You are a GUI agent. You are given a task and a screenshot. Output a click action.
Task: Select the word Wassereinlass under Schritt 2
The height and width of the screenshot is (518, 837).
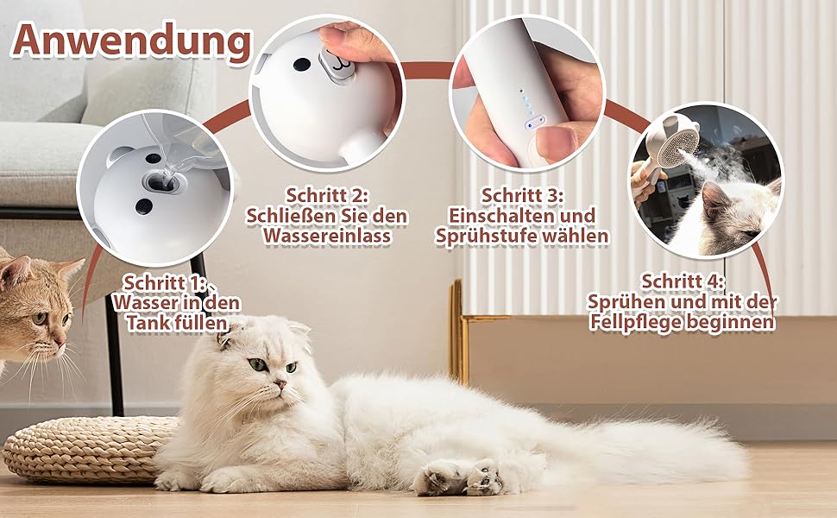[327, 236]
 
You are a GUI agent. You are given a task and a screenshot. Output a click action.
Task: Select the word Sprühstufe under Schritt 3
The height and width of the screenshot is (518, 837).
[483, 236]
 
